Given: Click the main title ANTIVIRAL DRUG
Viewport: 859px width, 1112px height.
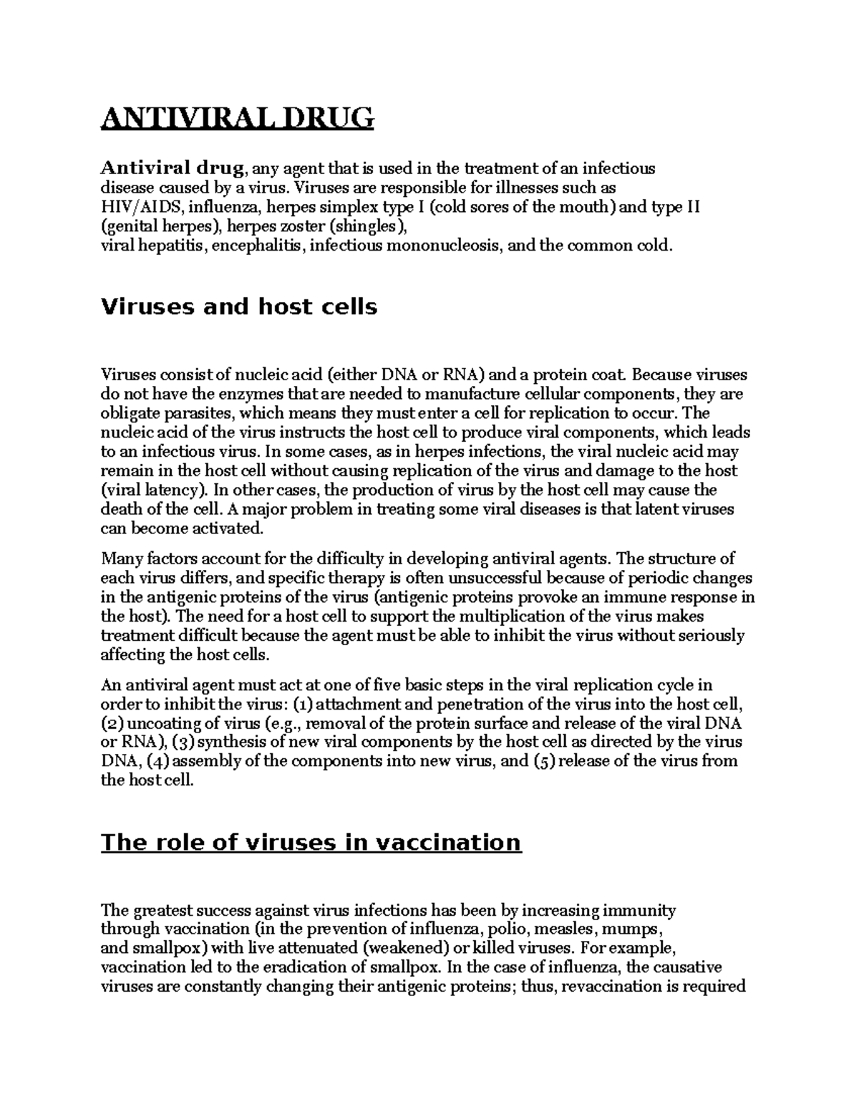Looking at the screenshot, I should click(x=237, y=117).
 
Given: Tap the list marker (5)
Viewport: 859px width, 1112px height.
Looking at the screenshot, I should click(x=544, y=761).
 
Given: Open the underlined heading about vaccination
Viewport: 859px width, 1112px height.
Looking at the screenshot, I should click(x=311, y=843).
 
